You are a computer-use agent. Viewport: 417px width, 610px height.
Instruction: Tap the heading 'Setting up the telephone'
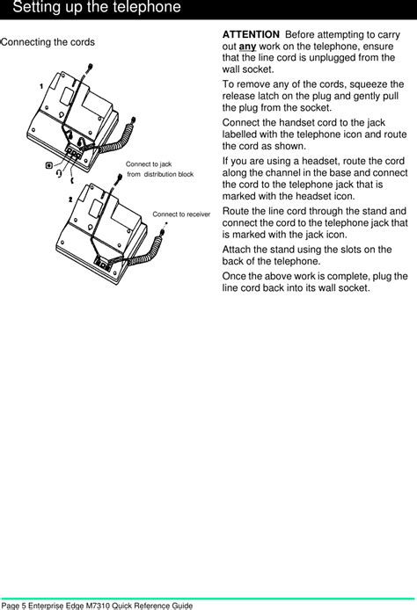point(98,8)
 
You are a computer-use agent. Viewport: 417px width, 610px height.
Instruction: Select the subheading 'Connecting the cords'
point(48,42)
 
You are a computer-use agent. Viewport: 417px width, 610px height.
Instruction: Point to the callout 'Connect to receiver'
point(181,214)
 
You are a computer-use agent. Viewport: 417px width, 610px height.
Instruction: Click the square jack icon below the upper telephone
point(49,163)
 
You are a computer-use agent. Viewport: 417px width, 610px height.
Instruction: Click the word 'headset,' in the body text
point(324,160)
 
